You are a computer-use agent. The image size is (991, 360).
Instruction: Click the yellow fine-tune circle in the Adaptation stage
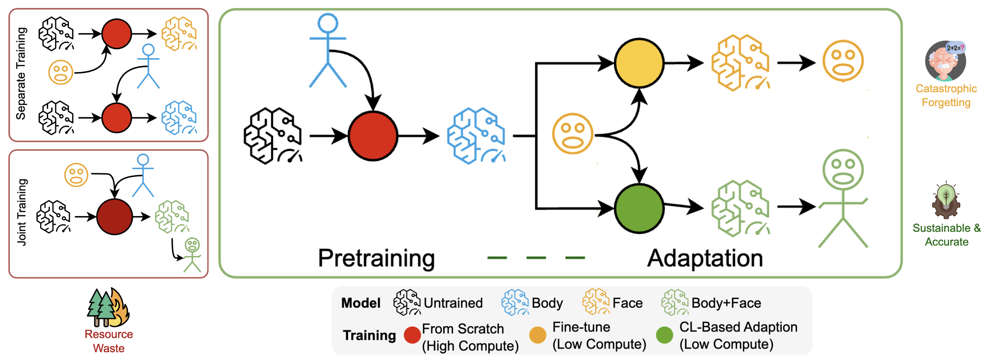[638, 63]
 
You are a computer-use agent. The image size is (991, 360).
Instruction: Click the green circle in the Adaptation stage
[638, 208]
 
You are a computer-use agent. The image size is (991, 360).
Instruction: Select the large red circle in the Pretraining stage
[372, 136]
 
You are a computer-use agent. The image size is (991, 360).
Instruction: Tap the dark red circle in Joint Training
[114, 216]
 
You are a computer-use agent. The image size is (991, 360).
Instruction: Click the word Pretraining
[376, 258]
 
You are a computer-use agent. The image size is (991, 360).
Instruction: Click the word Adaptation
[705, 258]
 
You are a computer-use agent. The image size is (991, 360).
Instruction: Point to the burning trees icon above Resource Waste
[108, 307]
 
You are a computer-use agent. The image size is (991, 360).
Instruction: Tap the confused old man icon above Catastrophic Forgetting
[946, 61]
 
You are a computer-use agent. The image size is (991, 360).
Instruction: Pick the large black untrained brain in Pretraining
[273, 136]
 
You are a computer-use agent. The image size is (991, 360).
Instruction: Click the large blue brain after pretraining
[476, 136]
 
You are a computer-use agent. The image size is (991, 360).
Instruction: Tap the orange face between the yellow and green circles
[572, 134]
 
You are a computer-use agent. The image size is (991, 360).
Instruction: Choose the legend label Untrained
[453, 303]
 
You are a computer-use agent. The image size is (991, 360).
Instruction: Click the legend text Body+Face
[726, 303]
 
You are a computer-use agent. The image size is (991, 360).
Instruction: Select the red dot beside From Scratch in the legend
[412, 335]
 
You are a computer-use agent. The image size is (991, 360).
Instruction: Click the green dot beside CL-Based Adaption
[664, 335]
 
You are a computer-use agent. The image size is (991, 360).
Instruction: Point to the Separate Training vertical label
[21, 73]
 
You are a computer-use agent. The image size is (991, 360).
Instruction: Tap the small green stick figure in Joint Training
[192, 255]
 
